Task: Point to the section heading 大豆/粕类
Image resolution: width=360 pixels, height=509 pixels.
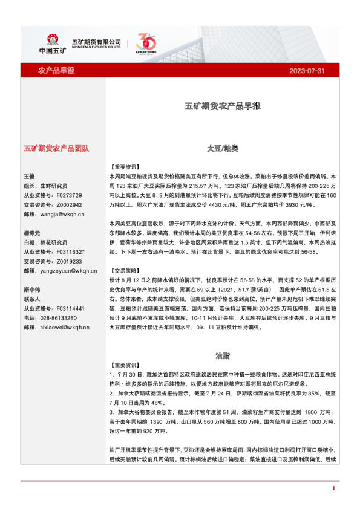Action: pos(223,148)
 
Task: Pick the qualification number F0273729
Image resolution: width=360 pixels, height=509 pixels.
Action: pos(68,195)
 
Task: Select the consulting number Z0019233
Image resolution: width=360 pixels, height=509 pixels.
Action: pos(68,261)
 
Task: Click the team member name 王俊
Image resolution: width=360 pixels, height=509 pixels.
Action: pos(30,177)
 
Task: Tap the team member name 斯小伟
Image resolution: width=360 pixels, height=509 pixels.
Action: pos(31,290)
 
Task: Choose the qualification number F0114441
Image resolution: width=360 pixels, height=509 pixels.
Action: pos(68,308)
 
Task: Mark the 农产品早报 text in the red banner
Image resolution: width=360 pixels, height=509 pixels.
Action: pos(56,71)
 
